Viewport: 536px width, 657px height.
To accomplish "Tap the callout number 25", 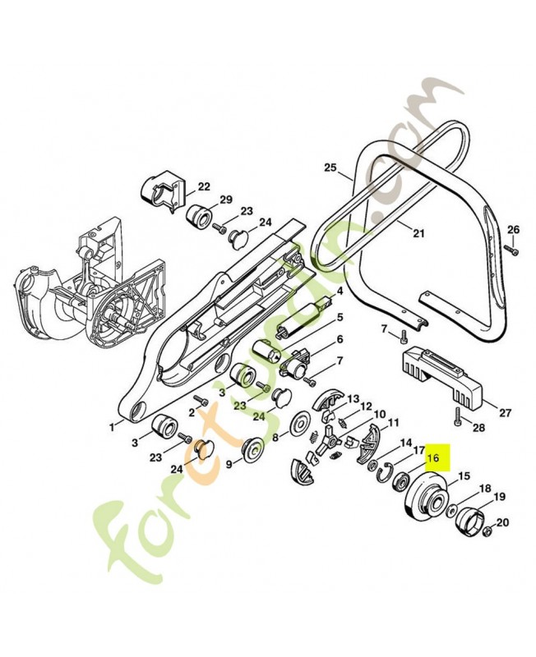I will point(330,168).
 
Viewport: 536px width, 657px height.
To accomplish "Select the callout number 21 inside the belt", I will point(418,234).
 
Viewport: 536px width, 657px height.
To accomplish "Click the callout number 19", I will point(499,497).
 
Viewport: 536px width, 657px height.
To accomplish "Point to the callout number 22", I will point(204,186).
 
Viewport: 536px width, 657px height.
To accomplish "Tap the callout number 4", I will point(339,292).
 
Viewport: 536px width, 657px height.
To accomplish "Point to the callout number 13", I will point(353,398).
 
